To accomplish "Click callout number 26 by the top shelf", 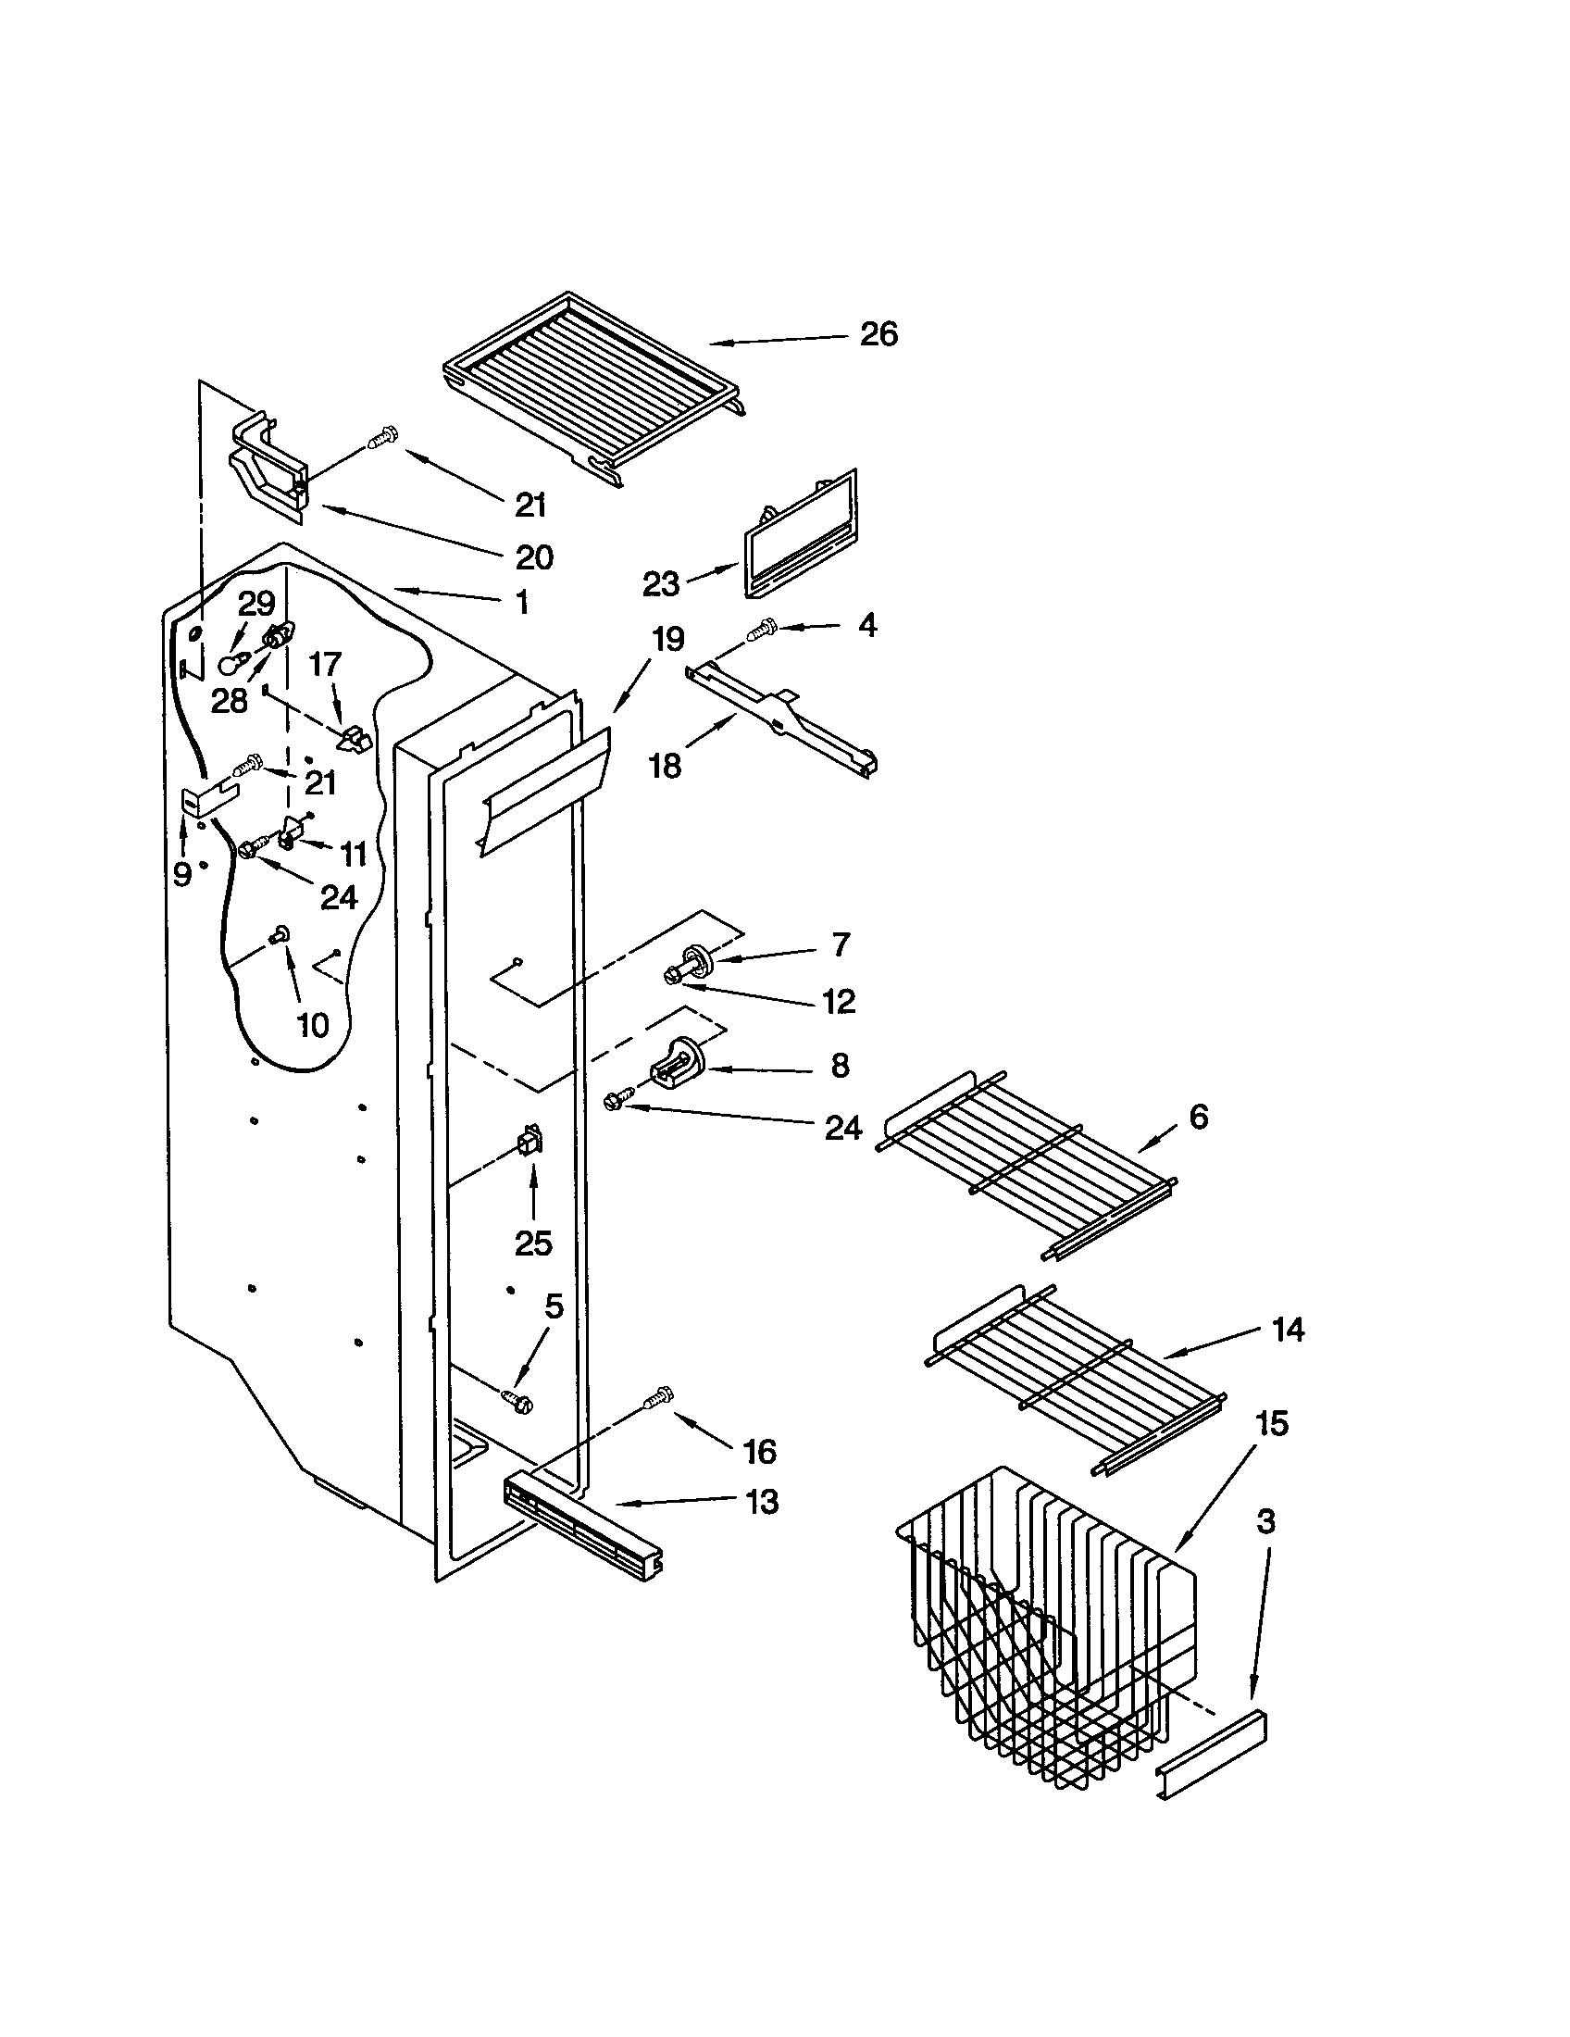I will (878, 334).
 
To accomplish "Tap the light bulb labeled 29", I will (231, 663).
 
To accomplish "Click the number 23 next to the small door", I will (661, 585).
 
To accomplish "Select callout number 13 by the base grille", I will (762, 1502).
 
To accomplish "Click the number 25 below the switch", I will (533, 1243).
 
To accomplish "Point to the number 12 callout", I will (838, 1001).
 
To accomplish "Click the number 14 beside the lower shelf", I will (1288, 1329).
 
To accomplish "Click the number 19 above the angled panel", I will (667, 640).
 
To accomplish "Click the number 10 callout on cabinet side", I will (312, 1025).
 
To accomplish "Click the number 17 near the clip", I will (325, 664).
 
